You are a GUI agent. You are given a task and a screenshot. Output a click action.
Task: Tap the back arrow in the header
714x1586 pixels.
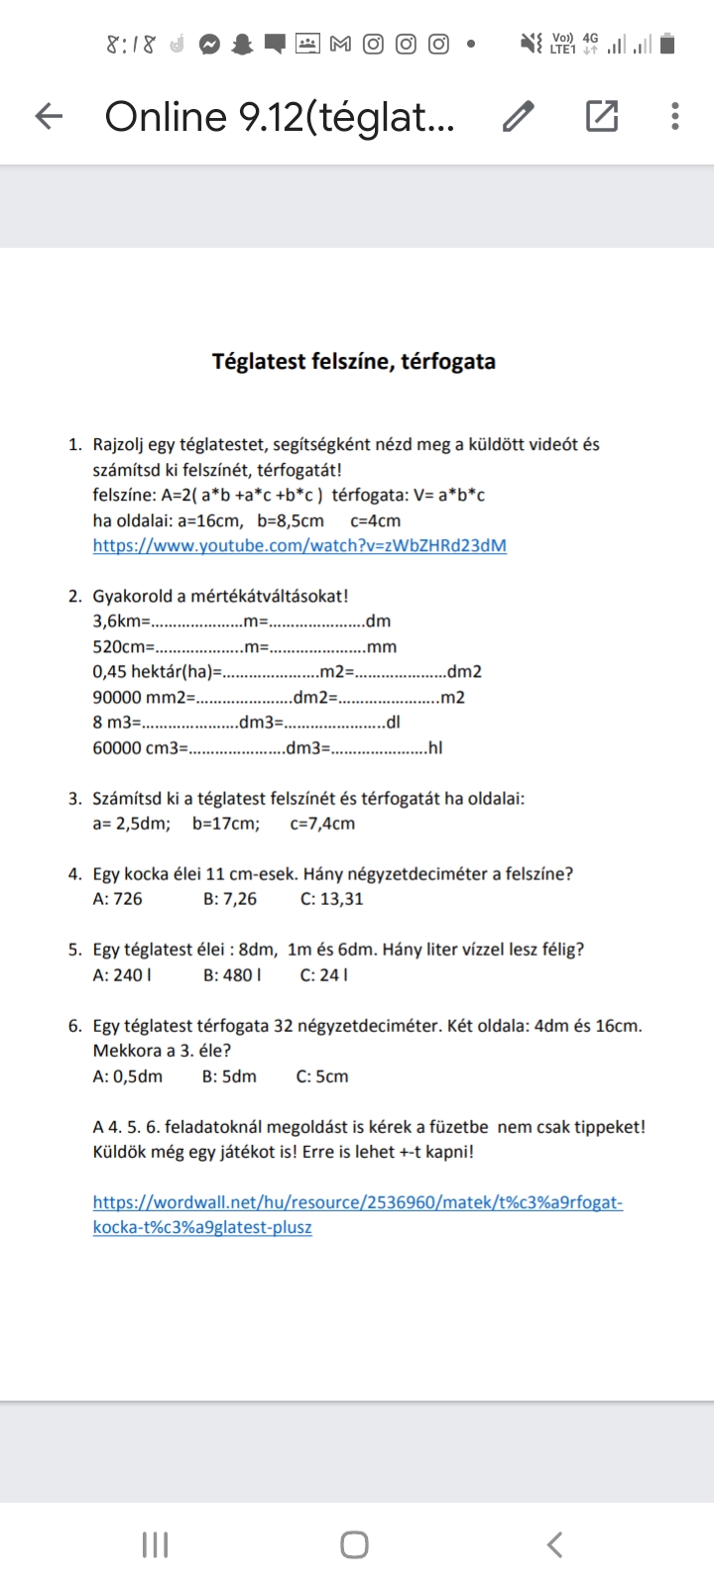coord(49,116)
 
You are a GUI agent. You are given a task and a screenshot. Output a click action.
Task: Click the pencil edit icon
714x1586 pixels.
coord(518,116)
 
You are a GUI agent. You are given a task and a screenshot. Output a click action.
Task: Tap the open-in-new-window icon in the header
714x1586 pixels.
coord(602,116)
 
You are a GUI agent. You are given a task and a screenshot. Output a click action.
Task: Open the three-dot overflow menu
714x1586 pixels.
coord(675,116)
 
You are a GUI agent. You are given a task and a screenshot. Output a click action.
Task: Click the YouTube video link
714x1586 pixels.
coord(299,545)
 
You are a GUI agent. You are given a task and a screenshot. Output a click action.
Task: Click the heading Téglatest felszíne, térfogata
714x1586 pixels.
coord(354,361)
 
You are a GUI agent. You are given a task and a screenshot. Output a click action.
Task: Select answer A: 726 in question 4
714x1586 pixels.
coord(117,899)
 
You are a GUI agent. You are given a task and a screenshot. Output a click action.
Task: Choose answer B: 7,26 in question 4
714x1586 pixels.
coord(230,899)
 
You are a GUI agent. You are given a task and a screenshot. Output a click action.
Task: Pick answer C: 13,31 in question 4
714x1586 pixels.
coord(331,899)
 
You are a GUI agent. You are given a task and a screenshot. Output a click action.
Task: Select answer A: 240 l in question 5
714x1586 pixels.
coord(122,974)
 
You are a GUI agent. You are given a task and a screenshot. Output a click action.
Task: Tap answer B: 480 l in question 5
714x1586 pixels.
coord(233,974)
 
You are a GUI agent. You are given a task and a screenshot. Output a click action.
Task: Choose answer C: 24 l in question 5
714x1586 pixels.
coord(323,974)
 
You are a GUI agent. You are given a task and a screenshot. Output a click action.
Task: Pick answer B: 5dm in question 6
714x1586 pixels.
coord(229,1076)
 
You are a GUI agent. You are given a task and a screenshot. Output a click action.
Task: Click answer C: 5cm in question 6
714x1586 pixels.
coord(322,1076)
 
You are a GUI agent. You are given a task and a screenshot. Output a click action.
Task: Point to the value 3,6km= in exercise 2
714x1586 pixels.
coord(121,622)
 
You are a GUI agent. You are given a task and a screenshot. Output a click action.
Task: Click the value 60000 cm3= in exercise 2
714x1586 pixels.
coord(140,747)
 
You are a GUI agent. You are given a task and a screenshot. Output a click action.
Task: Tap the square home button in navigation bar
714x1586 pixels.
coord(354,1544)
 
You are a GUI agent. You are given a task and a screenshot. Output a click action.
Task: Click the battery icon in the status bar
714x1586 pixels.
coord(667,44)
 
